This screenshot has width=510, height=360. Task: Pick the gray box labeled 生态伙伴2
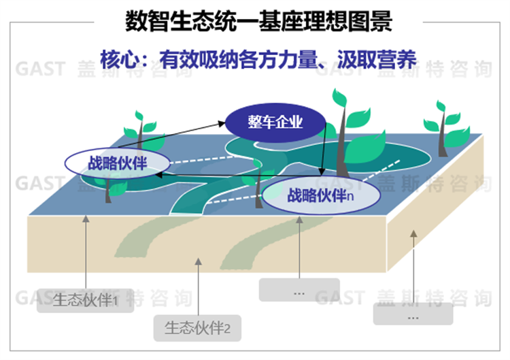pyautogui.click(x=198, y=329)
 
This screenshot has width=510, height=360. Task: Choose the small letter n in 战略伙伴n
pyautogui.click(x=350, y=197)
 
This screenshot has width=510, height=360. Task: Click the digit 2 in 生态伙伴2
pyautogui.click(x=228, y=330)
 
